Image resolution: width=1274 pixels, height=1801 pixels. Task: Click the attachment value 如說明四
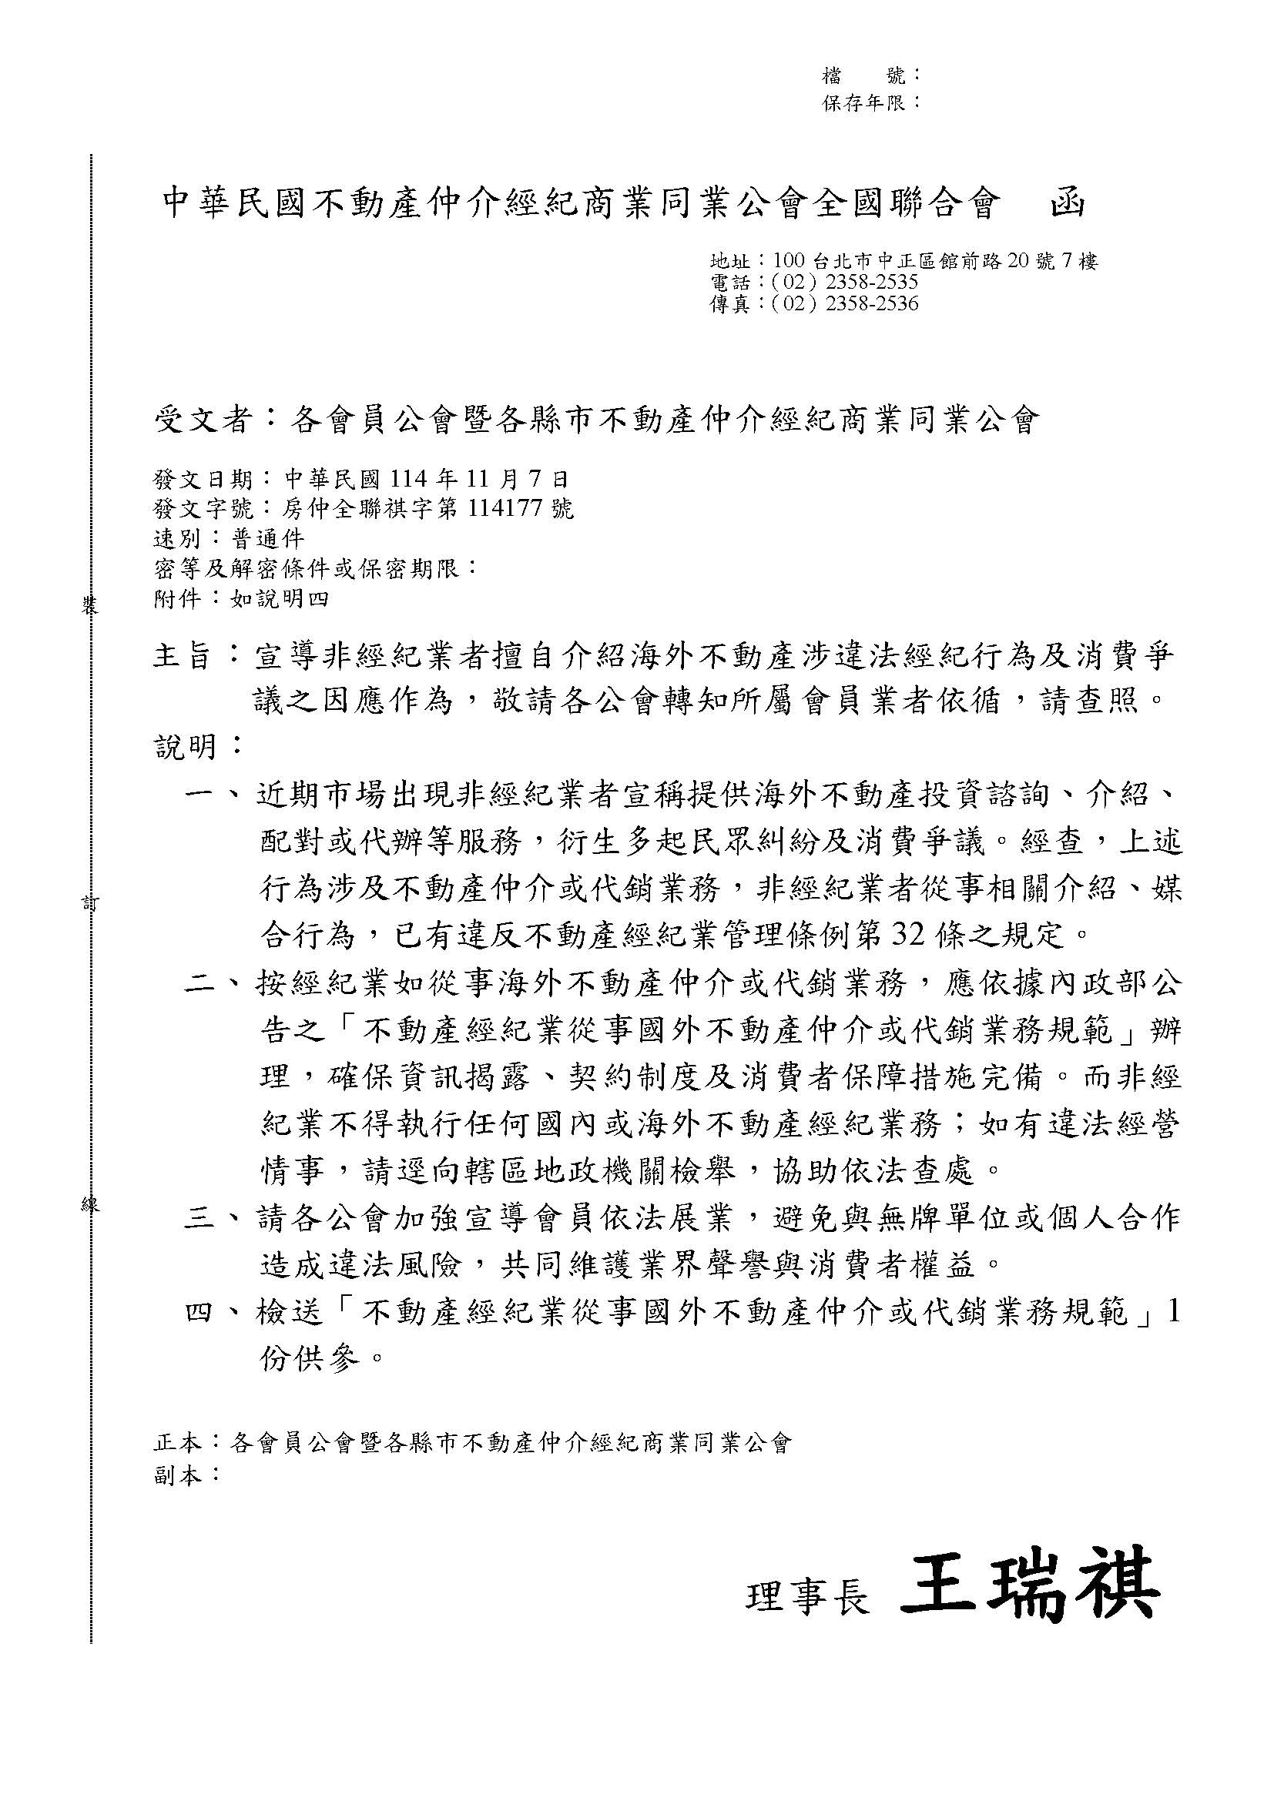(279, 599)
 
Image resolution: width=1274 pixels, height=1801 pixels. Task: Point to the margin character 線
(89, 1206)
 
